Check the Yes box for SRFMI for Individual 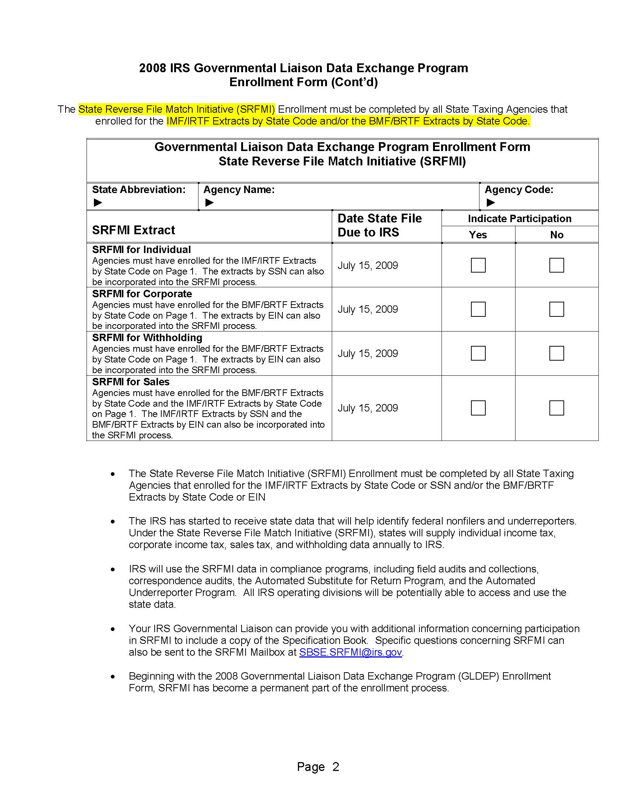point(478,265)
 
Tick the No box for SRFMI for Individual point(556,265)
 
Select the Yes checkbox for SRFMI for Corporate point(478,309)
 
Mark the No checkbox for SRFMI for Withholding point(556,353)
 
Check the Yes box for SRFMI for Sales point(478,408)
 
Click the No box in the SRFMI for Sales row point(556,408)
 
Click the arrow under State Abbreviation point(98,203)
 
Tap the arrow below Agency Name point(210,203)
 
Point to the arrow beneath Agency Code point(490,203)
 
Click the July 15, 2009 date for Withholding point(367,354)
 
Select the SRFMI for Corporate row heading point(142,294)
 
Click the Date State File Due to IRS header point(379,225)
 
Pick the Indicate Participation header point(519,218)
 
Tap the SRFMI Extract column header point(134,230)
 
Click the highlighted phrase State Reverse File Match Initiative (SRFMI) point(176,109)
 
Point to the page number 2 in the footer point(335,767)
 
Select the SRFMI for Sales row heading point(131,382)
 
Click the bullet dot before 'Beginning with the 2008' point(113,677)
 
